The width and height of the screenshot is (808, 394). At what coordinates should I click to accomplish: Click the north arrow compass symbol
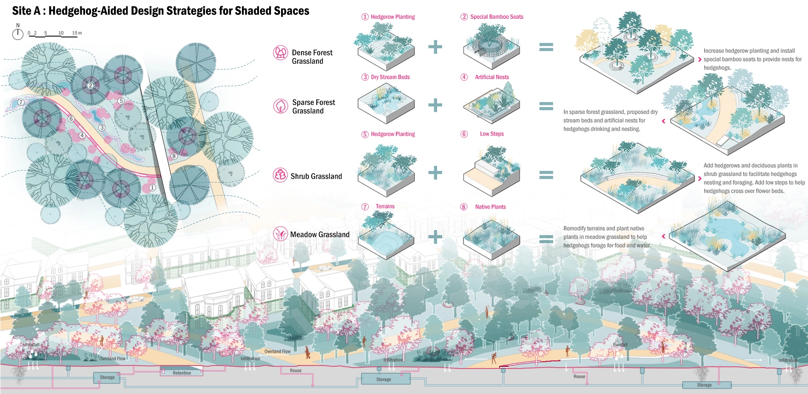(18, 34)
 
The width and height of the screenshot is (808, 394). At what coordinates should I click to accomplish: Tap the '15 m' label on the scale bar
(77, 33)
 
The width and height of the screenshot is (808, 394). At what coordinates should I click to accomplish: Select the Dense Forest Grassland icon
(280, 53)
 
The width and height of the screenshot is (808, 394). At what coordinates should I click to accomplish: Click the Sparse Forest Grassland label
(313, 107)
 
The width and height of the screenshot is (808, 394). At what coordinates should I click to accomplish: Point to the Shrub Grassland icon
(280, 175)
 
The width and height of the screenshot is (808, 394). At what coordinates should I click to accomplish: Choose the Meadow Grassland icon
(280, 233)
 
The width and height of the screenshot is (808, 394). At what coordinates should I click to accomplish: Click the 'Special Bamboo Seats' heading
(496, 17)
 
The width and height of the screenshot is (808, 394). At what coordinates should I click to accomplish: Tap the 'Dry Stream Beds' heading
(390, 77)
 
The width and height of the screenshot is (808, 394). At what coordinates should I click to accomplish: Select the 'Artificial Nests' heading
(492, 77)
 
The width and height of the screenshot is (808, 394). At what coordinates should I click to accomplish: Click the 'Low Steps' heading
(492, 134)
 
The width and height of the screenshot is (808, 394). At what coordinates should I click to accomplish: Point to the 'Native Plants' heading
(490, 207)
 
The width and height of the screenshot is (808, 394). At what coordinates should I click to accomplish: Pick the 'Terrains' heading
(385, 206)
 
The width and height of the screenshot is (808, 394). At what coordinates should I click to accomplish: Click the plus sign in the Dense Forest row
(435, 47)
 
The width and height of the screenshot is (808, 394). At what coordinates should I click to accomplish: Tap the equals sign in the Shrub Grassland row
(546, 175)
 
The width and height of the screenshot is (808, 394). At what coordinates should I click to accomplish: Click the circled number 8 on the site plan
(174, 156)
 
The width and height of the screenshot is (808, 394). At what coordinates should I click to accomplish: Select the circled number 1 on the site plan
(152, 187)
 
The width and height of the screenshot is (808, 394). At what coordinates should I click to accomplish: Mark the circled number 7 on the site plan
(21, 102)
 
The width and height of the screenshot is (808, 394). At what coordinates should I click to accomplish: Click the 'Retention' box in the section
(182, 373)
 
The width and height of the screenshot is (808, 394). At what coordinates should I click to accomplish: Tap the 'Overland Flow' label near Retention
(112, 358)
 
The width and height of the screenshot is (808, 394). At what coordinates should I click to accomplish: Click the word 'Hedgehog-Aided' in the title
(89, 11)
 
